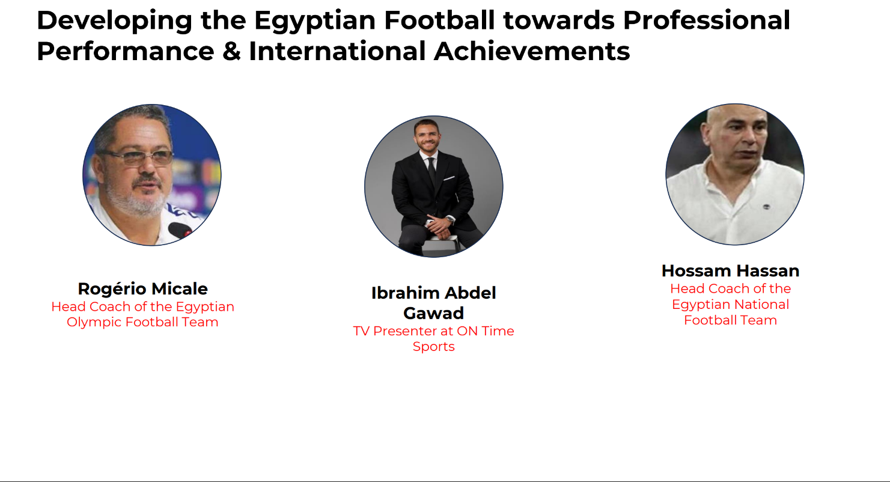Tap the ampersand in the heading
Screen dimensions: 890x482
(231, 52)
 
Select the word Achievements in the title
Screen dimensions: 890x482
(532, 52)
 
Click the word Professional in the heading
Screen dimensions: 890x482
(707, 20)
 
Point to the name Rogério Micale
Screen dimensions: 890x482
(142, 289)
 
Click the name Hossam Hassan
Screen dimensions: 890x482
(730, 271)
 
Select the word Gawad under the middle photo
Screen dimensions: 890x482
(433, 314)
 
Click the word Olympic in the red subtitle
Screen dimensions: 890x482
(94, 322)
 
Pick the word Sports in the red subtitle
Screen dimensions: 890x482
(433, 347)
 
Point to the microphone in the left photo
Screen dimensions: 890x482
(181, 230)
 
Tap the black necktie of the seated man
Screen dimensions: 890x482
(432, 171)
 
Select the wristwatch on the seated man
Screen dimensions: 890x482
(450, 219)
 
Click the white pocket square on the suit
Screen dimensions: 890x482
(449, 178)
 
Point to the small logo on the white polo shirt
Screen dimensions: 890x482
(766, 207)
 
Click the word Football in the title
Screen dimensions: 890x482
(439, 20)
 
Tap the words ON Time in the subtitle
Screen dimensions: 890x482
(486, 331)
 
